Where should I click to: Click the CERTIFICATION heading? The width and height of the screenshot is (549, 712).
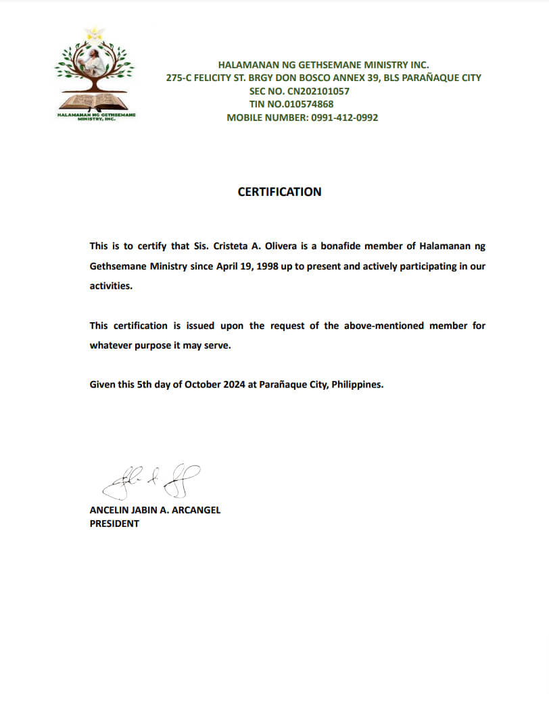point(279,192)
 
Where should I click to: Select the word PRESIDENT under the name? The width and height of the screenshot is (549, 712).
point(114,524)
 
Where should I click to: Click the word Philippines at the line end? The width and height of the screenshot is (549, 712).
point(358,385)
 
